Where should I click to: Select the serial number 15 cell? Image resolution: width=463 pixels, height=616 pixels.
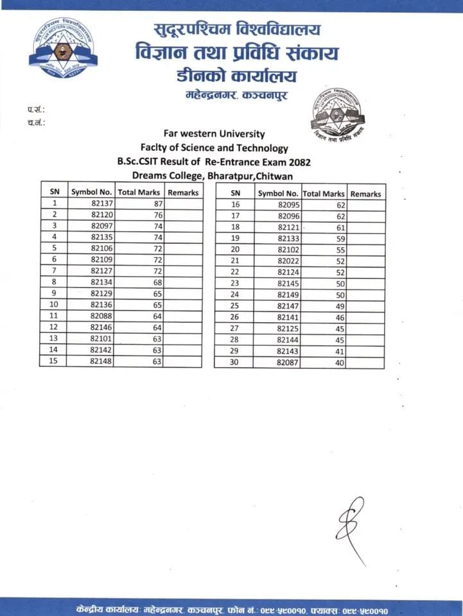tap(54, 361)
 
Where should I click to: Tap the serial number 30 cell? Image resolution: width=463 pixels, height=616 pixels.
tap(235, 363)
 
